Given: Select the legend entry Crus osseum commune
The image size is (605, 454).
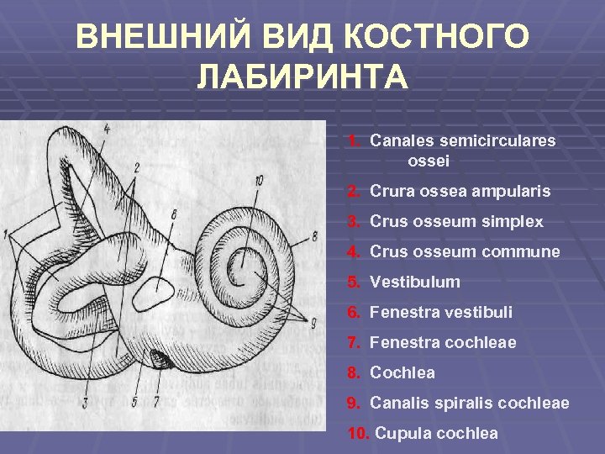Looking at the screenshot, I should click(464, 252).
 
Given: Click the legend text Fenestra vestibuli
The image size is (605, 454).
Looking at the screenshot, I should click(440, 313).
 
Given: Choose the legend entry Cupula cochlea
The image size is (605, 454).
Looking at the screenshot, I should click(436, 434).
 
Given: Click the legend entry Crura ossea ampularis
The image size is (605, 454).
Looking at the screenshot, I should click(460, 192).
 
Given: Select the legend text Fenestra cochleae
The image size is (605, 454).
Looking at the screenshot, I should click(442, 343).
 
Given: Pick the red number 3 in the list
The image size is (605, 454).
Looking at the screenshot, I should click(354, 222).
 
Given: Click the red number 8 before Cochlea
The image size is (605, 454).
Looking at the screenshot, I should click(354, 373).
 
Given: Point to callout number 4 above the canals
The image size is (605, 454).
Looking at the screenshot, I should click(107, 129).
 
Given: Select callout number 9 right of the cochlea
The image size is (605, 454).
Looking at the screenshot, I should click(313, 322).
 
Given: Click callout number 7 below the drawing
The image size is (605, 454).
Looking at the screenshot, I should click(156, 402).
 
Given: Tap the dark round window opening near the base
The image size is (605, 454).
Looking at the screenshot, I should click(166, 362).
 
